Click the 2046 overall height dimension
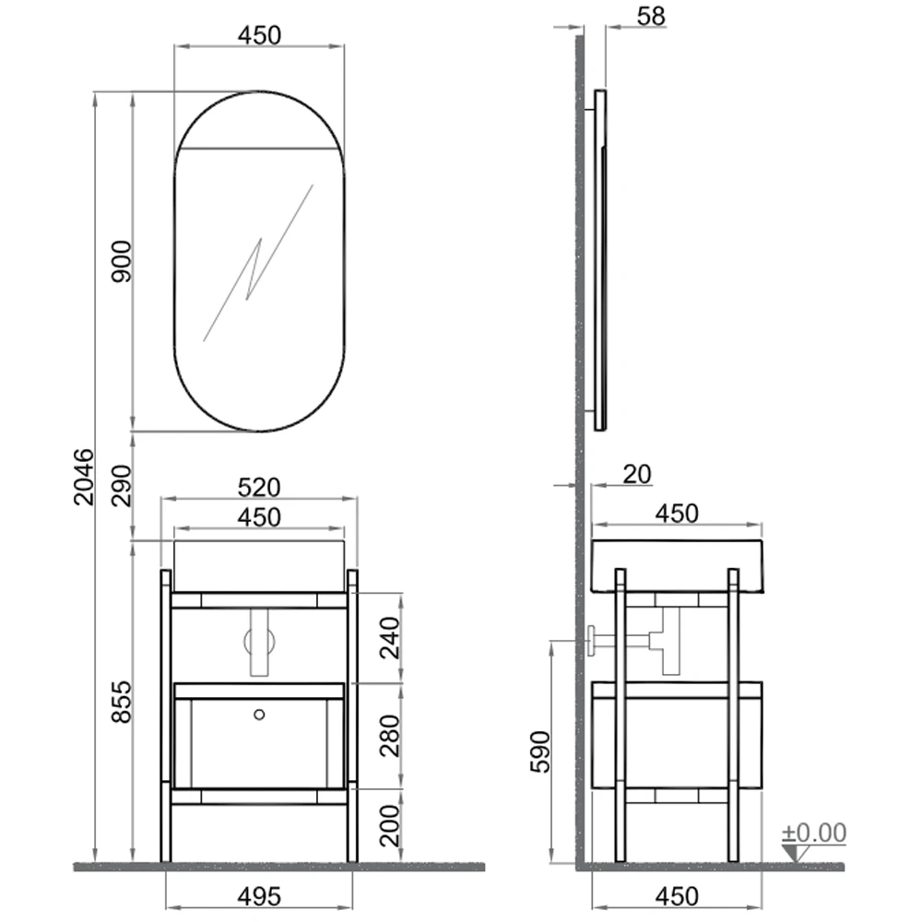click(x=84, y=477)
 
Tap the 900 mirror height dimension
click(x=122, y=261)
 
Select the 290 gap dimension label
click(x=122, y=485)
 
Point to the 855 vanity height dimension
click(x=122, y=702)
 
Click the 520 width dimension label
click(x=259, y=488)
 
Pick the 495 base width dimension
click(x=259, y=897)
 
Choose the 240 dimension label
click(x=390, y=637)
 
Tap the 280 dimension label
click(x=390, y=736)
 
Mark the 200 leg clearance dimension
click(x=390, y=825)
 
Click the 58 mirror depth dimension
click(x=651, y=17)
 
